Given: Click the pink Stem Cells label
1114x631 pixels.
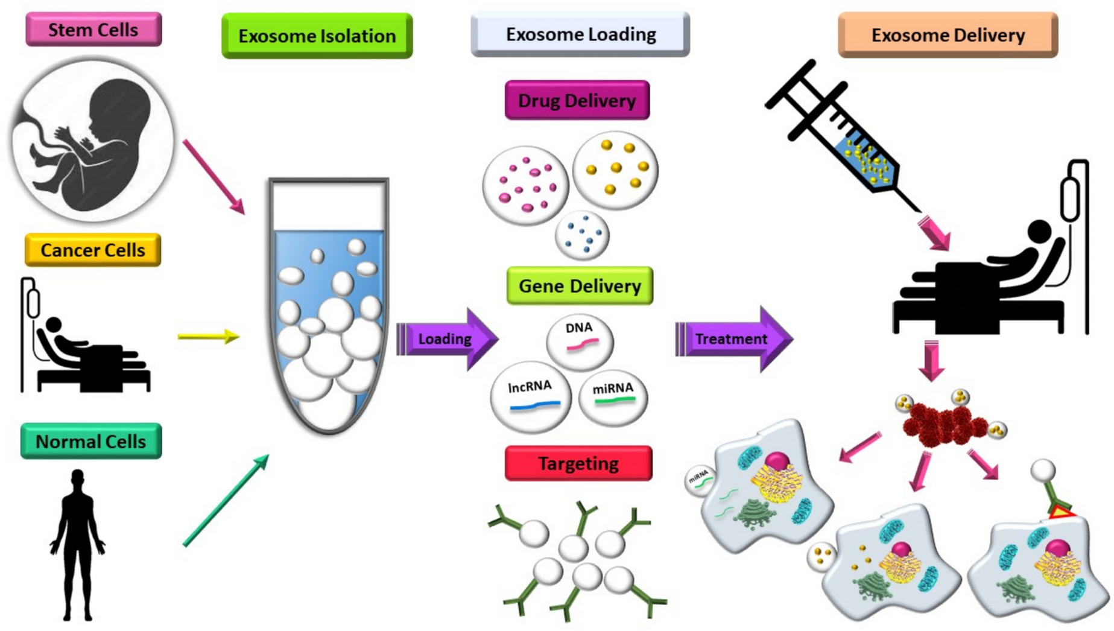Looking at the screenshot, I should coord(93,30).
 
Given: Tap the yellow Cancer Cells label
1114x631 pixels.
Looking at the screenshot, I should coord(93,250).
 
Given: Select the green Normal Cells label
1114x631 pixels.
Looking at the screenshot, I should coord(91,442).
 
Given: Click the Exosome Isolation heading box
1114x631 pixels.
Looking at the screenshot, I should coord(317,36).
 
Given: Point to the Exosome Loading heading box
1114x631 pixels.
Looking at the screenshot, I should coord(580,34).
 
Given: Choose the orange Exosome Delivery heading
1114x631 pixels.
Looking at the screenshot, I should coord(948,35).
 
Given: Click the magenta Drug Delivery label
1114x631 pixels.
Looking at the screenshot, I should coord(577,100).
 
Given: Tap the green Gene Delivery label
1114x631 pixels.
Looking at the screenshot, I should coord(580,286).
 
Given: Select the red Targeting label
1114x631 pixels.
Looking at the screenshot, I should coord(578,463).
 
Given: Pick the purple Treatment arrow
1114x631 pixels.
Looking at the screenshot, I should coord(733,339).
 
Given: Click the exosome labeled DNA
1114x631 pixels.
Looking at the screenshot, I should coord(580,341).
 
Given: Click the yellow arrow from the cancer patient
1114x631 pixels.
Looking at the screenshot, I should coord(208,336).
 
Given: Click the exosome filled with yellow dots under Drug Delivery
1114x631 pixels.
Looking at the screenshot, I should coord(615,170).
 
